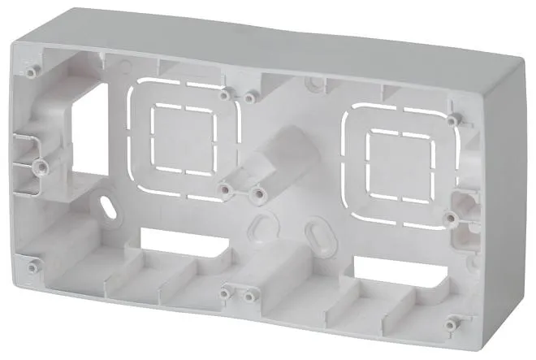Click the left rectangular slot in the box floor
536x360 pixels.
click(179, 241)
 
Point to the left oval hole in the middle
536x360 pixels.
click(259, 224)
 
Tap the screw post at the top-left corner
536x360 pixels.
click(31, 72)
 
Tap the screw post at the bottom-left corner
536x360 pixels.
click(32, 267)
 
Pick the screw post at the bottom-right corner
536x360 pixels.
click(452, 323)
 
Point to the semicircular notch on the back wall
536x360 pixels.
click(313, 82)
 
